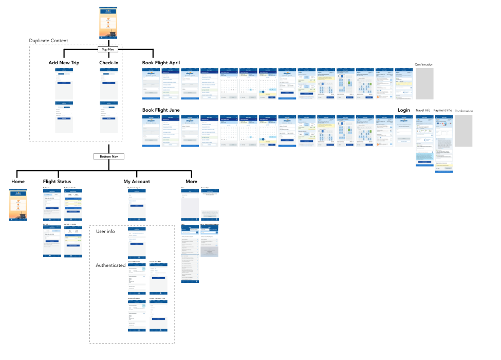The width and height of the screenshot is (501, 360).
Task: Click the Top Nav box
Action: (x=108, y=49)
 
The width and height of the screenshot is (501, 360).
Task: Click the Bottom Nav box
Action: (x=108, y=156)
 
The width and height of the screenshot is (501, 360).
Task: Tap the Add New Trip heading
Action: (x=64, y=63)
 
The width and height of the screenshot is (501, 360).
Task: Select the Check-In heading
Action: (x=109, y=63)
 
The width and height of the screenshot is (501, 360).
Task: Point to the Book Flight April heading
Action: (x=161, y=63)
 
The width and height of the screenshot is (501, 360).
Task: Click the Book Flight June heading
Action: (x=161, y=110)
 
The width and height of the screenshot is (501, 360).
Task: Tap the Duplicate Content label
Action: (x=48, y=41)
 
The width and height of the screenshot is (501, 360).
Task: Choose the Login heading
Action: (x=404, y=110)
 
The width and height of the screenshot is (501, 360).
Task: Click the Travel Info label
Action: (x=423, y=110)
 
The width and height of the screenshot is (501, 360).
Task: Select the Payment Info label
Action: (x=442, y=110)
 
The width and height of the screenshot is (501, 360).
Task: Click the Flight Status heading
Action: (x=57, y=182)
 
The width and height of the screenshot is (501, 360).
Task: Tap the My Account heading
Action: (x=137, y=182)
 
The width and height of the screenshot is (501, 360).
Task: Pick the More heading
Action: (x=191, y=182)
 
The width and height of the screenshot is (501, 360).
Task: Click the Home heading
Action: (x=18, y=182)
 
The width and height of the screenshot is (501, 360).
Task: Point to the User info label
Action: (x=105, y=231)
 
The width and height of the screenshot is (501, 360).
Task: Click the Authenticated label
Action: (x=110, y=265)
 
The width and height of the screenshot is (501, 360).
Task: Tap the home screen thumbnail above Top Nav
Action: (x=108, y=23)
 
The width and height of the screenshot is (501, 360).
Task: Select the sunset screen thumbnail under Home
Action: (x=18, y=205)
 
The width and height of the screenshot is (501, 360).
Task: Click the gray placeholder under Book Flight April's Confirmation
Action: (x=424, y=83)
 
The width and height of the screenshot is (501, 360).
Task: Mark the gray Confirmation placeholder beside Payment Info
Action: (x=463, y=131)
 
